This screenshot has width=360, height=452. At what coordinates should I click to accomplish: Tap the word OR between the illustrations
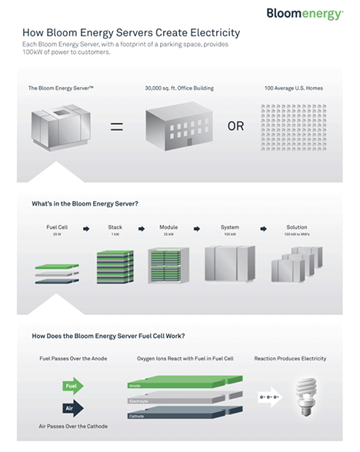coord(235,126)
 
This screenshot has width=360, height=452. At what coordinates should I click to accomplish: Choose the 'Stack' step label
coord(115,228)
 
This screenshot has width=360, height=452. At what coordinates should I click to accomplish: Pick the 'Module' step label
coord(168,228)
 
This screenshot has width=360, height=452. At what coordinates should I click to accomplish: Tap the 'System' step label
coord(229,228)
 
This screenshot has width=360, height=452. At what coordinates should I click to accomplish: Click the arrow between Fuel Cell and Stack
coord(86,228)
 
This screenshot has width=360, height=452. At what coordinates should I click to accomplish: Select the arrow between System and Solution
coord(264,228)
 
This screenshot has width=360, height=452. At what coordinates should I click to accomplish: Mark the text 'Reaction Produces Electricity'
coord(290,359)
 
